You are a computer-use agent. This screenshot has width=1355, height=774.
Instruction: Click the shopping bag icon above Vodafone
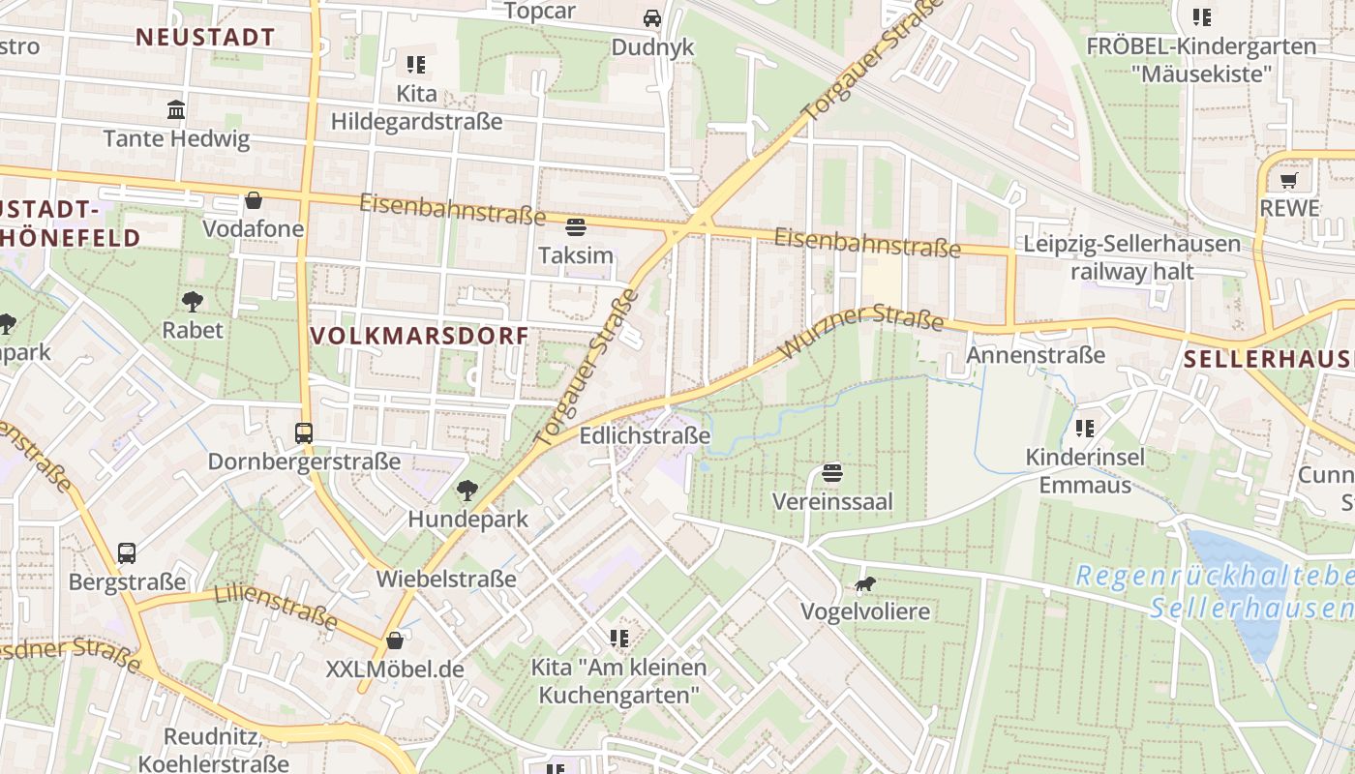254,200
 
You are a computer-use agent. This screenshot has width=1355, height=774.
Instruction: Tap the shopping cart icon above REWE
1288,180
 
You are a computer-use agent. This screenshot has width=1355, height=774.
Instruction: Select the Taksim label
576,255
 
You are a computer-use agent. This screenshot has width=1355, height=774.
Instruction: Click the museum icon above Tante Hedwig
176,109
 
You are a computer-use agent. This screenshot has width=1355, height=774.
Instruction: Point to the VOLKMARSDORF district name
419,336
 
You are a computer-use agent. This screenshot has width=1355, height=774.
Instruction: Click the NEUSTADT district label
205,38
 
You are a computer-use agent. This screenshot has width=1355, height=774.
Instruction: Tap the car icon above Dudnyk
652,18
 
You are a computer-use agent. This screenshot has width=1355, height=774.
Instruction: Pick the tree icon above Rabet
192,301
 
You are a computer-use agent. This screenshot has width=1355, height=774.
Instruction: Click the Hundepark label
468,519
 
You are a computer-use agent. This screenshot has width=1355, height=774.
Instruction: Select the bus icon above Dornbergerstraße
304,432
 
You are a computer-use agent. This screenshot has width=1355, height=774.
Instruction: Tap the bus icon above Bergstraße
127,553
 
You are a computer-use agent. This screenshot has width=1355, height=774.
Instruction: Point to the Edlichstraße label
645,436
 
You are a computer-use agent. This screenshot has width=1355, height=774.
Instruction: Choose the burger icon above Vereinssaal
832,473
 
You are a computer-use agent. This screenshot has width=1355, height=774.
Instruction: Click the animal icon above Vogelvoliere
864,583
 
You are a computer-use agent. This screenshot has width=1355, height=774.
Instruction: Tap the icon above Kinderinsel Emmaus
1084,428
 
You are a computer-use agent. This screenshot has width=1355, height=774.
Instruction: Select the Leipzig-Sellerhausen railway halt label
1131,257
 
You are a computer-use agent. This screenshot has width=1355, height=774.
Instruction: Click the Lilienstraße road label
276,606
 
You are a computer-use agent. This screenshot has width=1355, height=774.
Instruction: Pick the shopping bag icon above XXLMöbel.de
395,640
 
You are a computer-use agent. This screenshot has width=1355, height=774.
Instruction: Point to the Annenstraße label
1036,355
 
